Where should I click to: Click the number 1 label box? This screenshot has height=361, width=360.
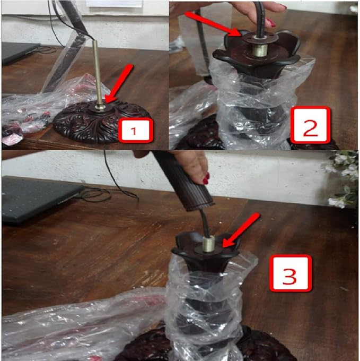tap(136, 130)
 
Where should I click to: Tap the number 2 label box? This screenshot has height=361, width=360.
tap(310, 125)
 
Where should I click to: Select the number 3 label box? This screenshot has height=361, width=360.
tap(290, 273)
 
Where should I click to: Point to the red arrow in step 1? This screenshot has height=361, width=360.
tap(119, 83)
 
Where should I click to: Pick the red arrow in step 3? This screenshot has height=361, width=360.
tap(241, 230)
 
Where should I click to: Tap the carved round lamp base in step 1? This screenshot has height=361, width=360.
tap(102, 122)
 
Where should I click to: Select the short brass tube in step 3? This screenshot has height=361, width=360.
tap(208, 244)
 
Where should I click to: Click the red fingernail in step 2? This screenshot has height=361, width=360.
tap(270, 22)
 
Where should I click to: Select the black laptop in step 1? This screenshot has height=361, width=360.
tap(20, 53)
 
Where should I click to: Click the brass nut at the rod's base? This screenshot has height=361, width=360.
tap(100, 107)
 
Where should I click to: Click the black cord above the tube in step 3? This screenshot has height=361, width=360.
tap(205, 223)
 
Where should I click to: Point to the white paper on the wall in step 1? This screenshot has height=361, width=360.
tap(114, 4)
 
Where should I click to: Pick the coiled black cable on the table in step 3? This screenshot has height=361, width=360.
tap(108, 193)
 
